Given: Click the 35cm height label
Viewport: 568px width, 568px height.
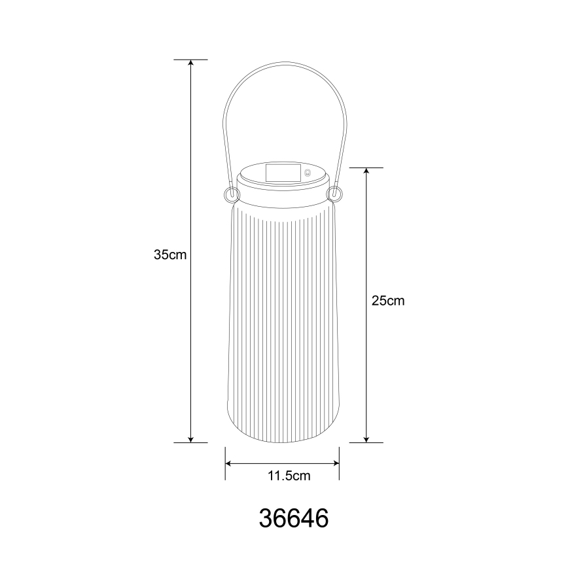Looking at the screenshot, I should [170, 255].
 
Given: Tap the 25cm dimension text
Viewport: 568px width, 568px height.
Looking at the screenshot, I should [388, 301].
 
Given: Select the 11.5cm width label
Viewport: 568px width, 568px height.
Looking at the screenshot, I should [289, 476].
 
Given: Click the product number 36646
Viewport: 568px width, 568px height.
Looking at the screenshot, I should [294, 518].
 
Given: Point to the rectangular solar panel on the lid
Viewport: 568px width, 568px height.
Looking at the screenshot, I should [283, 173].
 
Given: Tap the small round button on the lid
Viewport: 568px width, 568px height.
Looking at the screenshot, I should [308, 174].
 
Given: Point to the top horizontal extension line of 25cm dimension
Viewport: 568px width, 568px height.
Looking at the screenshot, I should [366, 168].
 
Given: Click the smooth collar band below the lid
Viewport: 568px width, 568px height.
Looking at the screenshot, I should [283, 193].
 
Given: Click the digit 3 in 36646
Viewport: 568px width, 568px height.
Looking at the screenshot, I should [267, 518].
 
